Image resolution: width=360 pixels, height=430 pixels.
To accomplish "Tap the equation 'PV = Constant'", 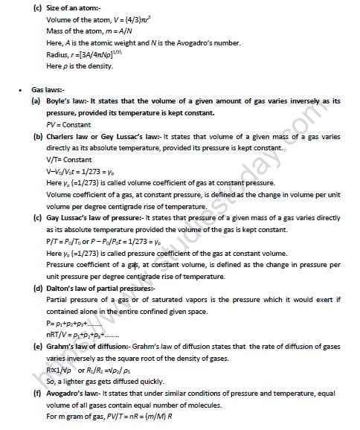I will click(67, 125).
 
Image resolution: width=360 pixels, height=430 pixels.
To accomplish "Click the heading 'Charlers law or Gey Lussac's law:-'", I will click(103, 137).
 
